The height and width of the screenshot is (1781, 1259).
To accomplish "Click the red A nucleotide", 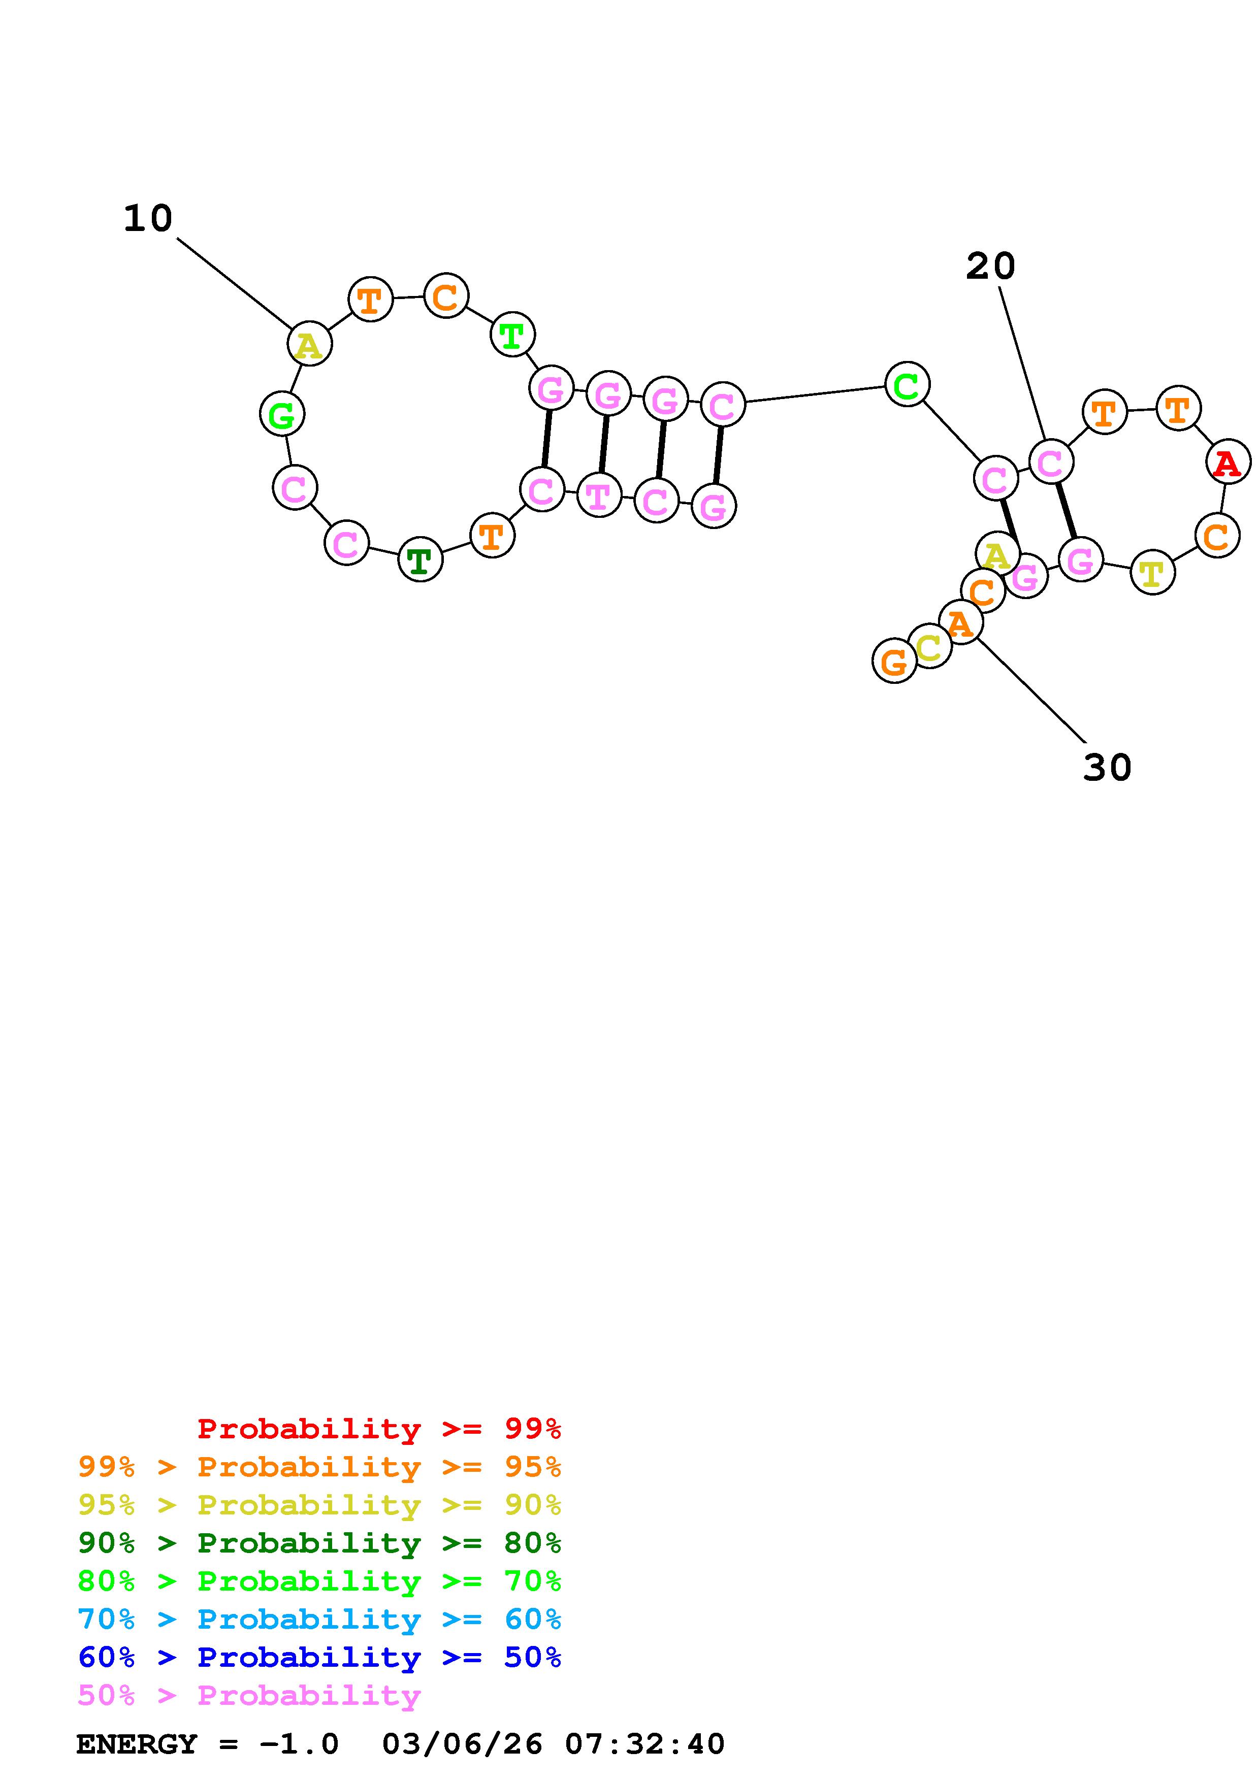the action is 1227,463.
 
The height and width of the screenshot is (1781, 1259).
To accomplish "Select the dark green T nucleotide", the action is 419,559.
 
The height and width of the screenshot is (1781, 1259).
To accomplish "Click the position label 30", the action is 1107,767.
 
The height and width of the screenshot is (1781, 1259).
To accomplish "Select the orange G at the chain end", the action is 894,662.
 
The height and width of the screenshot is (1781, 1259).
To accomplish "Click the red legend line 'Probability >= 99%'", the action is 379,1429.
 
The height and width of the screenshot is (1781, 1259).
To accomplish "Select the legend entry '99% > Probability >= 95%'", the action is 319,1467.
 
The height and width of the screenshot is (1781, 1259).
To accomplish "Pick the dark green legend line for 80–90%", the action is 319,1543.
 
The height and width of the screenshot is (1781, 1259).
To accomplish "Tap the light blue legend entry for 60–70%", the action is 319,1619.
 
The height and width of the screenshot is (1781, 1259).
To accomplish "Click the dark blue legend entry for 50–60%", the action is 319,1657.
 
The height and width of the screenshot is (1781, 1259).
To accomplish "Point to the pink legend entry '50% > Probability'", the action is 249,1695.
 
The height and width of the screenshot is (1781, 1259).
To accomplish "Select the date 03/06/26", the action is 462,1744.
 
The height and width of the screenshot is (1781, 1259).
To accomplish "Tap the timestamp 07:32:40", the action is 644,1744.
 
